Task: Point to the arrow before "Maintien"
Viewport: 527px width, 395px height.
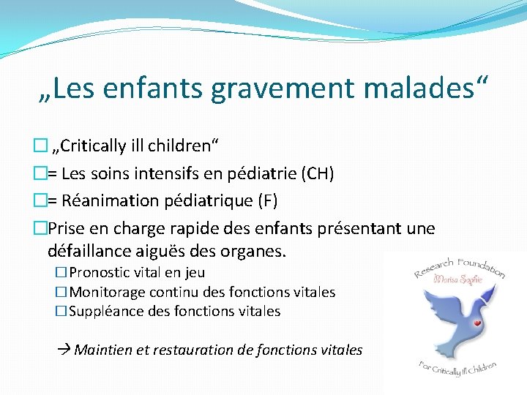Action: click(64, 350)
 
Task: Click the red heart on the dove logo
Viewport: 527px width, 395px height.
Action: click(476, 322)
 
